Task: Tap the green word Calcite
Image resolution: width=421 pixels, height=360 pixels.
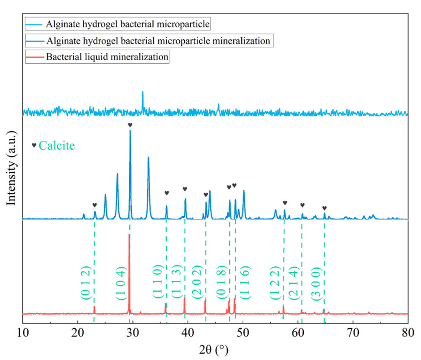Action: (56, 145)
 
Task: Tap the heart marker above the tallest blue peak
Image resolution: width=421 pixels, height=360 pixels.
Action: (130, 125)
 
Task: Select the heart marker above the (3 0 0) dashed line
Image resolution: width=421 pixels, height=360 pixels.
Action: (324, 208)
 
